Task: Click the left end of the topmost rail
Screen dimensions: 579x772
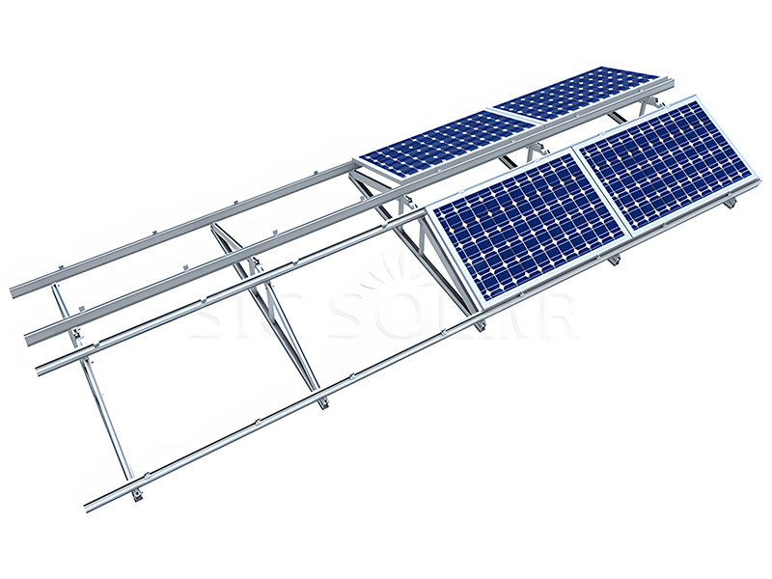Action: click(x=14, y=289)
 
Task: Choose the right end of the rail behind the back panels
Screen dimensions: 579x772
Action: click(x=670, y=87)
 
